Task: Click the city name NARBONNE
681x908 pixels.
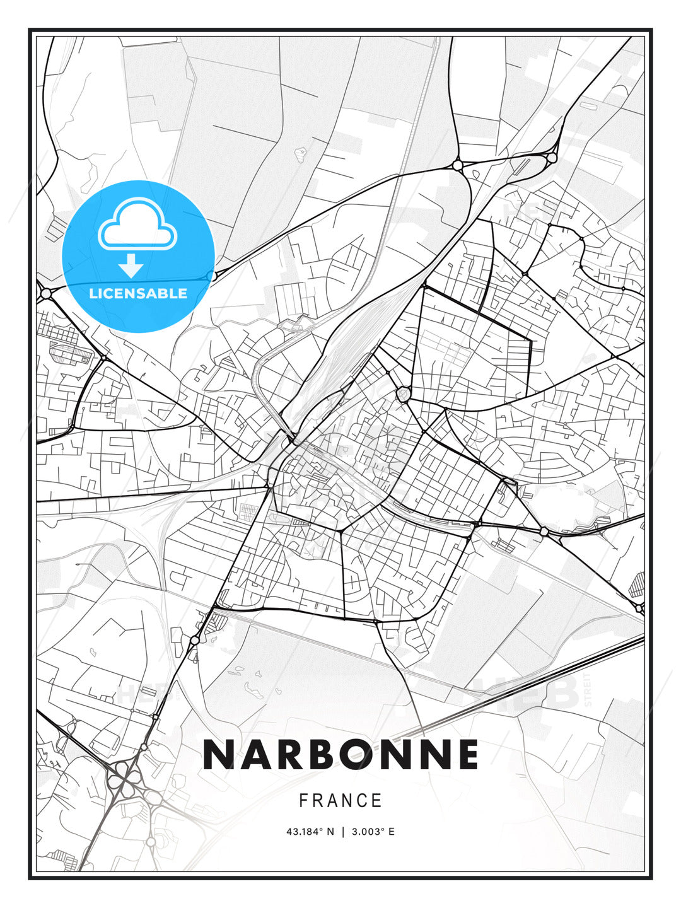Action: pos(340,755)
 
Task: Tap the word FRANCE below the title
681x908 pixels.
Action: pos(340,801)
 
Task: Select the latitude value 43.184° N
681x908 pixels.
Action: pos(310,832)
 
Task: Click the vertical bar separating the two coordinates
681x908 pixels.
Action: pos(343,832)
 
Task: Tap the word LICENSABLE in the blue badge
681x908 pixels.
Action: pos(138,293)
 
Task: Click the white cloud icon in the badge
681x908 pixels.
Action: pos(138,224)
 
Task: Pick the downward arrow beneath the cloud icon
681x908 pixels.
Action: pos(131,265)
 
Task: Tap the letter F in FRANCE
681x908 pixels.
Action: pos(303,801)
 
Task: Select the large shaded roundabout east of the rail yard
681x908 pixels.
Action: pos(403,395)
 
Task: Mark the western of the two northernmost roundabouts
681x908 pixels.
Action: pos(458,165)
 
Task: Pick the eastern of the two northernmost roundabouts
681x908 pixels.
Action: pos(552,157)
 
